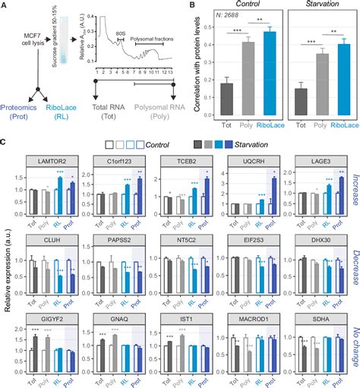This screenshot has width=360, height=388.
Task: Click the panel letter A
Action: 5,7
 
